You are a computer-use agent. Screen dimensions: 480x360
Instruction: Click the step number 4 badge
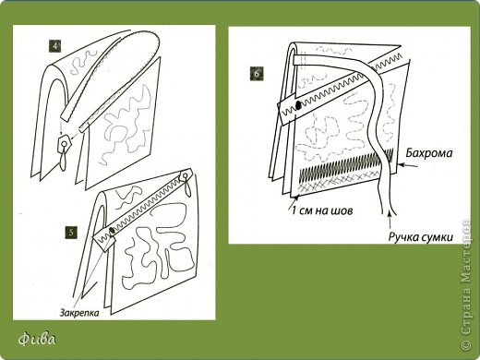(54, 46)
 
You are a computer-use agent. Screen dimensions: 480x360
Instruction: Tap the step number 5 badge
(71, 233)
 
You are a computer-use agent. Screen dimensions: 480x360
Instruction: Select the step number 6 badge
(257, 74)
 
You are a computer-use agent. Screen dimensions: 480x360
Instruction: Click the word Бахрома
(429, 153)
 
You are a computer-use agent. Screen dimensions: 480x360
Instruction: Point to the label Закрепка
(79, 313)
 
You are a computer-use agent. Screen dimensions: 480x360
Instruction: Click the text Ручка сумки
(421, 237)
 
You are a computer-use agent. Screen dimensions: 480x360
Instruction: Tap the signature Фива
(37, 340)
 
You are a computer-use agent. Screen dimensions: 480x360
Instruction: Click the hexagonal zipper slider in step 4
(65, 142)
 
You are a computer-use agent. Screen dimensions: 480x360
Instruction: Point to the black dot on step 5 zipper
(112, 230)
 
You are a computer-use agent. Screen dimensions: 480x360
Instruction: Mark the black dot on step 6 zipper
(298, 105)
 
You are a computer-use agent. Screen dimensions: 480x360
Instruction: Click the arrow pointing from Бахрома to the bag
(408, 166)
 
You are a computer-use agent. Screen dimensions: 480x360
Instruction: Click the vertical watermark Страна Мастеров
(466, 285)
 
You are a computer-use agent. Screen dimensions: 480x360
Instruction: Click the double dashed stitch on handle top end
(303, 60)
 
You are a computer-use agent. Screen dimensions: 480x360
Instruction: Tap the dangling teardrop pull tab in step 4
(64, 159)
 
